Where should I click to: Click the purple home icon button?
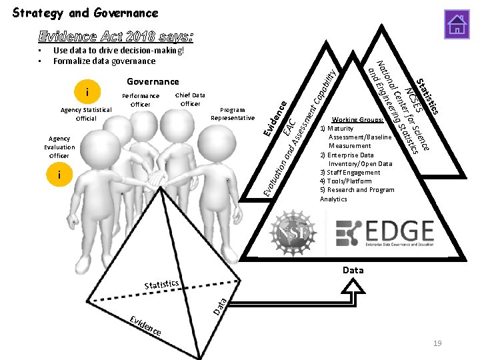[457, 24]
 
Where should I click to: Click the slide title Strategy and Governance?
[85, 13]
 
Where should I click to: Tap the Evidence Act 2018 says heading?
[116, 35]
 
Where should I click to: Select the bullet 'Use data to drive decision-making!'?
[118, 50]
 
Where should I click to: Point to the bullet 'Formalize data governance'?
[104, 61]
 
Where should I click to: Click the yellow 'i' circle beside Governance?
[89, 90]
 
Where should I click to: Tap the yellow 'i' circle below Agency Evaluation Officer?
[60, 175]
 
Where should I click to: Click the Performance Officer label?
[141, 99]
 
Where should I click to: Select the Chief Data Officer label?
[190, 99]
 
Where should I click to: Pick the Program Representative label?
[232, 113]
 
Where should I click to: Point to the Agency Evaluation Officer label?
[59, 147]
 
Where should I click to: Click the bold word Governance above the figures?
[152, 81]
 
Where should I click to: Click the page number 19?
[437, 343]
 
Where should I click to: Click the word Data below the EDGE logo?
[353, 270]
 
